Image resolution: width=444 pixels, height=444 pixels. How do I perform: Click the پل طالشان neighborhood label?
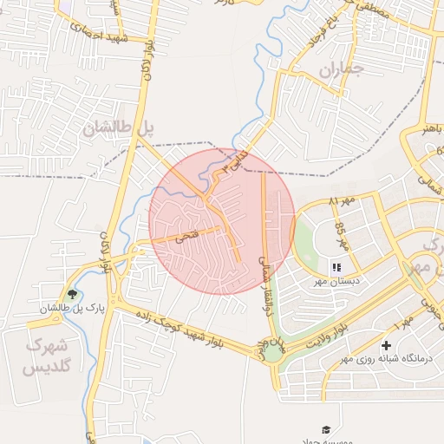pos(118,128)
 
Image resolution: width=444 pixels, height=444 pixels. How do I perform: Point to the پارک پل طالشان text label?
pos(65,308)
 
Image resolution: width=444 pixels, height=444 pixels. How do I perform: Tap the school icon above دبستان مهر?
pos(336,267)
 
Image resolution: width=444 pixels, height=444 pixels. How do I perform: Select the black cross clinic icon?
pos(386,346)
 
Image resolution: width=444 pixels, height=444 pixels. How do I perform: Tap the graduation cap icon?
pos(326,429)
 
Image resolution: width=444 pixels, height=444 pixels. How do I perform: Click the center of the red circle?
pos(222,221)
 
